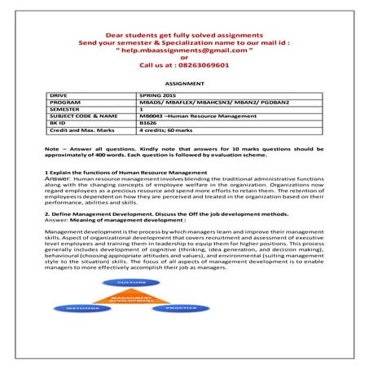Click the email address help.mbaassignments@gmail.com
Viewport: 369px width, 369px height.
tap(184, 51)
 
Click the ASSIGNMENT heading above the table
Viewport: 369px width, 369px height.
tap(184, 84)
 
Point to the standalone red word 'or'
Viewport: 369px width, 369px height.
tap(184, 57)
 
